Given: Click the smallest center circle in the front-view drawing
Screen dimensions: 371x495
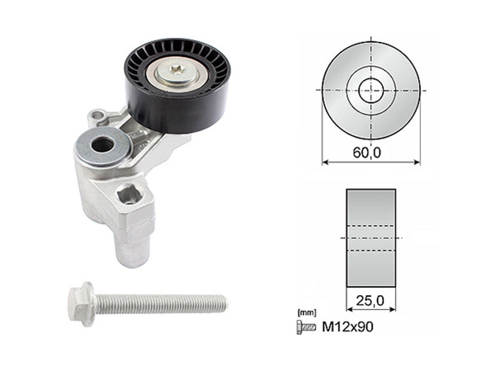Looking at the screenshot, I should (370, 88).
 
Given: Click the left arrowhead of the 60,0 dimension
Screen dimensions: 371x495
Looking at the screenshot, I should (324, 162).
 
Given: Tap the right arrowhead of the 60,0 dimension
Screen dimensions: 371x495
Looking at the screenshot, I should (417, 162).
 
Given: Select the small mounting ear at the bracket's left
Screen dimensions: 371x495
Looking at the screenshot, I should (97, 116).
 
